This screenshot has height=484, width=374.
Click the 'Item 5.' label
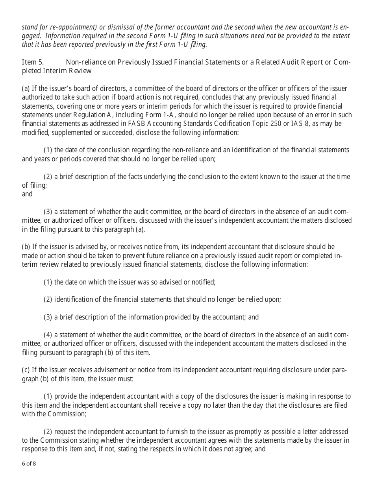(33, 62)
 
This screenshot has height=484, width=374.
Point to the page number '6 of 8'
(29, 463)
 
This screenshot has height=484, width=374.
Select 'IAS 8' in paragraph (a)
(321, 124)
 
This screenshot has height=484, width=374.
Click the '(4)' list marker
(48, 335)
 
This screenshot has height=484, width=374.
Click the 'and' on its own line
(27, 194)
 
